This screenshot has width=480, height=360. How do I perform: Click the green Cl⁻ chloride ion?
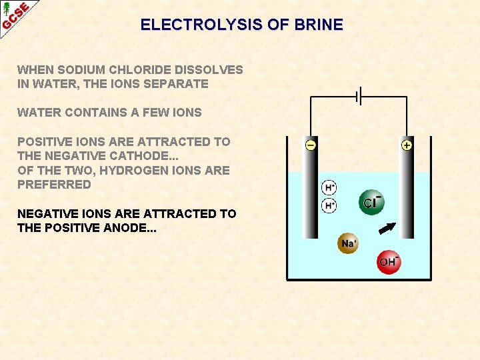click(x=371, y=202)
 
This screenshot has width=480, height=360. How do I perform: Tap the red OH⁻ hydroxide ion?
click(x=388, y=261)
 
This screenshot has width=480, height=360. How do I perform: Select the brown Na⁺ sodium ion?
click(x=348, y=243)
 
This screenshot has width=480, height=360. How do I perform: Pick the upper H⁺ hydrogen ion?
click(x=329, y=188)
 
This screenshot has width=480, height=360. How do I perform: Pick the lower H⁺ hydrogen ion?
click(x=329, y=205)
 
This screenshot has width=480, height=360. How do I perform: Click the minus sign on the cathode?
click(x=311, y=145)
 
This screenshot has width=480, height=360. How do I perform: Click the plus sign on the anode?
click(x=407, y=145)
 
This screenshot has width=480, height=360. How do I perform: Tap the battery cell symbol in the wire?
click(x=359, y=97)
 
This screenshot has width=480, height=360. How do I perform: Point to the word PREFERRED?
click(x=54, y=185)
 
